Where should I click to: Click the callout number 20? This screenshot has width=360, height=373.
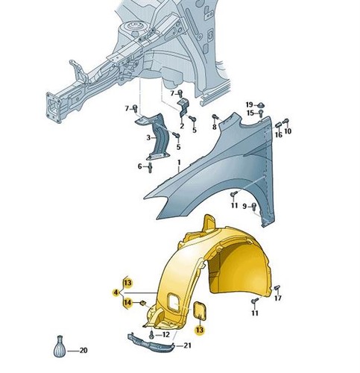coord(83,351)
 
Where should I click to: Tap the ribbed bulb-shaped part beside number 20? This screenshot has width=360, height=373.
coord(60,347)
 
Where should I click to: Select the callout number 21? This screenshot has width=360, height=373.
coord(188,345)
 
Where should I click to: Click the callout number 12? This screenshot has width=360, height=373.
coord(165,334)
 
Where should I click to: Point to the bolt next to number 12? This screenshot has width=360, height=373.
coord(151,334)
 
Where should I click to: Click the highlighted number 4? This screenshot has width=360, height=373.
coord(116,292)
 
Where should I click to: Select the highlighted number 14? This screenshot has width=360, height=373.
coord(127,303)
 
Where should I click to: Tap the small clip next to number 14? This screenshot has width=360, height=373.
coord(143,303)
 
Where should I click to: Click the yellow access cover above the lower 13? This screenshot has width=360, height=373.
coord(200,310)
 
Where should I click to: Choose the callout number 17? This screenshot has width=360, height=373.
coord(278,298)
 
